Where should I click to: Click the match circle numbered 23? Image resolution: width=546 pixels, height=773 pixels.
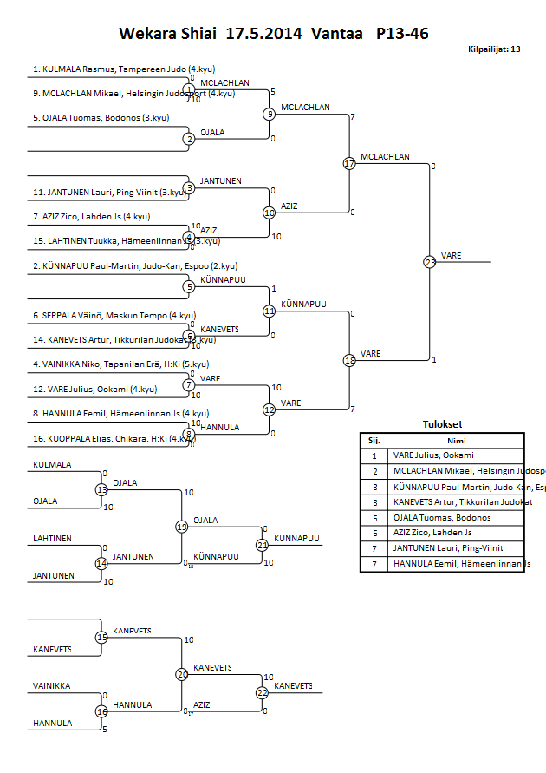pyautogui.click(x=430, y=261)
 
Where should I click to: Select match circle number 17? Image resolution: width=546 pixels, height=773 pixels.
pyautogui.click(x=349, y=163)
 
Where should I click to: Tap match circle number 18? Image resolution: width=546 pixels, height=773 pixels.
pyautogui.click(x=349, y=360)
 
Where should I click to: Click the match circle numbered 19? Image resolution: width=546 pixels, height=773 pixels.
pyautogui.click(x=181, y=527)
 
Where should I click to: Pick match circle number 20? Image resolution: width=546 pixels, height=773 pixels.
pyautogui.click(x=181, y=674)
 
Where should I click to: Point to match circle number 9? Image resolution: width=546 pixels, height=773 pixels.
pyautogui.click(x=270, y=114)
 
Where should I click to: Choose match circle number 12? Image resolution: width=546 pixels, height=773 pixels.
pyautogui.click(x=270, y=409)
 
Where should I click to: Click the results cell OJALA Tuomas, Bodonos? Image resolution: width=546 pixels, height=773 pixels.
pyautogui.click(x=441, y=518)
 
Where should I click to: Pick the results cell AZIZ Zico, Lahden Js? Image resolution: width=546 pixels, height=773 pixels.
pyautogui.click(x=432, y=533)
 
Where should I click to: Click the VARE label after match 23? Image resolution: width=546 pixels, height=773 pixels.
pyautogui.click(x=451, y=256)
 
